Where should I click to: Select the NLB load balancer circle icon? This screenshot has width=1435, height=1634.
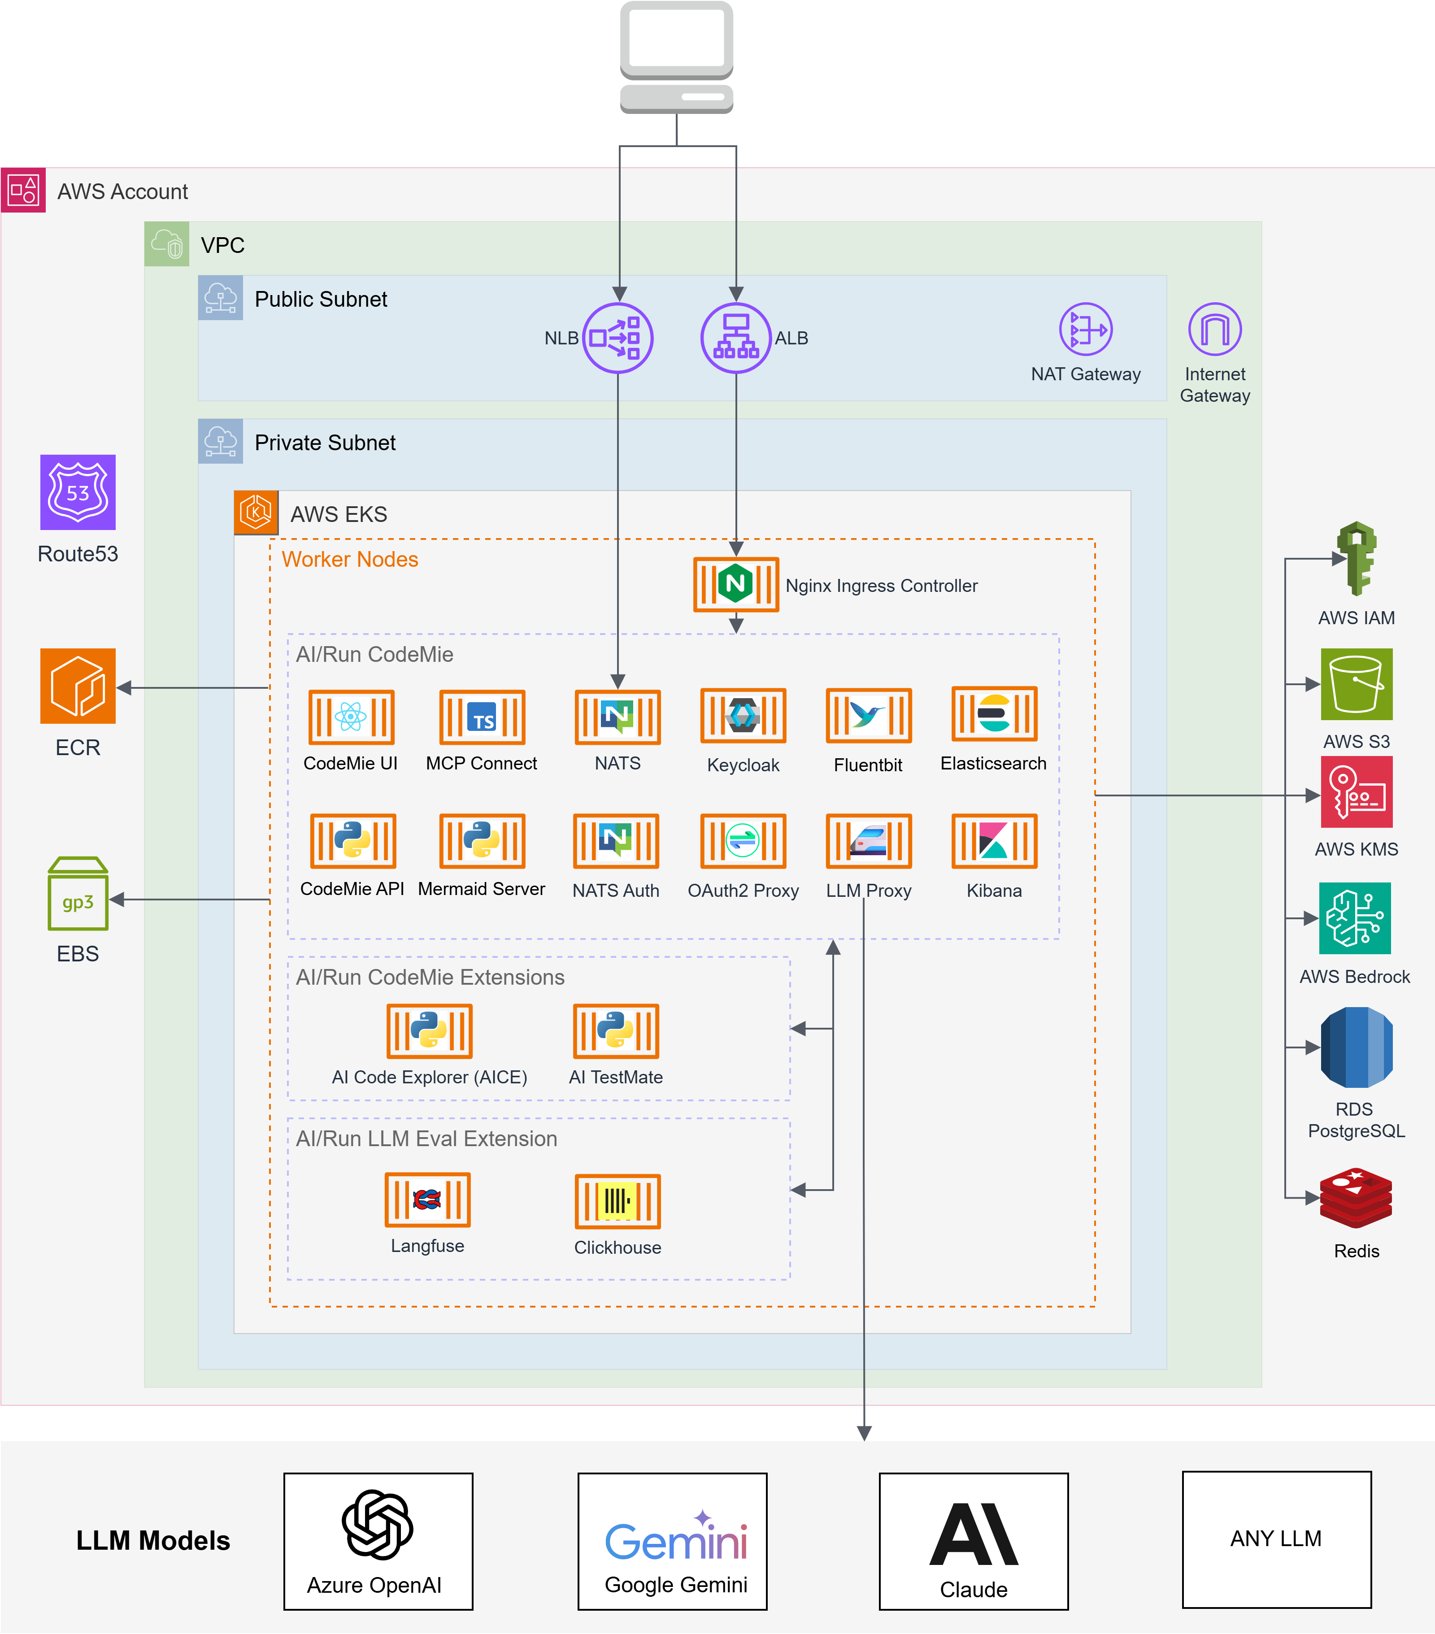[617, 337]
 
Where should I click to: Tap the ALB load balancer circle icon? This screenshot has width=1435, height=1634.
[735, 337]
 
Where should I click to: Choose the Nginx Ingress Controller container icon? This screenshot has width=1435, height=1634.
[735, 584]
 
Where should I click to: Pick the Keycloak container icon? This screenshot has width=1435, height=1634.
[743, 716]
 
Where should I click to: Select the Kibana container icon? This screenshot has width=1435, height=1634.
[994, 841]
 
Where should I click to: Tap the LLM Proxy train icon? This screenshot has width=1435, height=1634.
[868, 841]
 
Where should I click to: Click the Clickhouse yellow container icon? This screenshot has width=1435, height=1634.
[617, 1201]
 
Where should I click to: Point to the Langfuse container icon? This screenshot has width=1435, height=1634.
[428, 1199]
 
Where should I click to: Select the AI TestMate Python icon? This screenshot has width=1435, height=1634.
[616, 1030]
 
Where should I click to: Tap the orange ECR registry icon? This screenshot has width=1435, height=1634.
[78, 686]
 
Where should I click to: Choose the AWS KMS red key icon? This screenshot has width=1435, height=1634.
[1356, 791]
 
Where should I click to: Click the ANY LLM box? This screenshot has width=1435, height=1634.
[1276, 1539]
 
